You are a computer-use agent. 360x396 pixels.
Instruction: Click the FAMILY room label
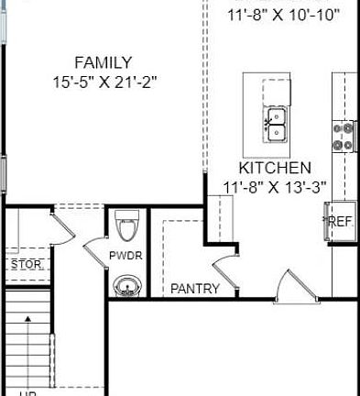[104, 62]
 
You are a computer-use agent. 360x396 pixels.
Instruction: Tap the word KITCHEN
[275, 169]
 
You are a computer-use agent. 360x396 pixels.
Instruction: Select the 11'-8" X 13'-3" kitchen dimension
[275, 188]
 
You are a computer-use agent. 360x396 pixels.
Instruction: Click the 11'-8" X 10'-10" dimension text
[283, 15]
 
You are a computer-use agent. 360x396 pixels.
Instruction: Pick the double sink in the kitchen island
[277, 126]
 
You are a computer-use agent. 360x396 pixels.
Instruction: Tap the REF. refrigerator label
[341, 221]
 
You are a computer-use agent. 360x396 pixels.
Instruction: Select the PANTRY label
[195, 289]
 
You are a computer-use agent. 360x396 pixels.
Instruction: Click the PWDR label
[125, 256]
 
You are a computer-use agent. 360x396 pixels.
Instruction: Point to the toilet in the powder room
[126, 225]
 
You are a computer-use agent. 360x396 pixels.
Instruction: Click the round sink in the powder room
[127, 289]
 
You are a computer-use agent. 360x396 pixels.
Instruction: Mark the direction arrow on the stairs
[29, 321]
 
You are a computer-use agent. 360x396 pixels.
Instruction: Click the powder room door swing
[96, 247]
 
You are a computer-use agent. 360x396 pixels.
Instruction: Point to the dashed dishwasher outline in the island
[277, 91]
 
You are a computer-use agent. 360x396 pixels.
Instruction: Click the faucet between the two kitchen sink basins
[267, 121]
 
